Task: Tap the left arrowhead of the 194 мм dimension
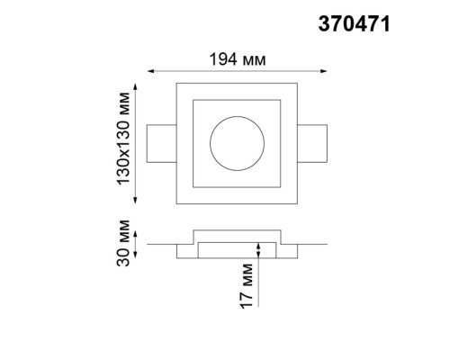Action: pos(150,72)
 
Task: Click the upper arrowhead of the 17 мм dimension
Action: pos(259,243)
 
